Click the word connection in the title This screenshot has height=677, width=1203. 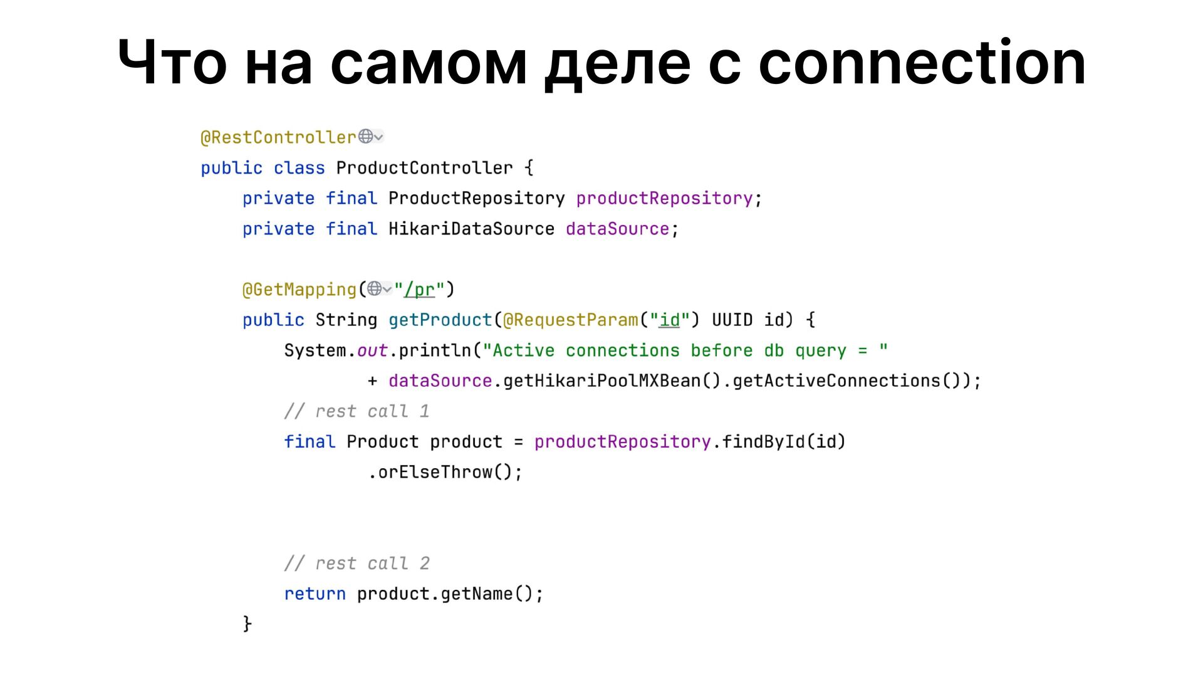click(x=922, y=63)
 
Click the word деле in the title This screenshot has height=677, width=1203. click(x=617, y=63)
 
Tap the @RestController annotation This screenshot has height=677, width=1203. click(x=278, y=137)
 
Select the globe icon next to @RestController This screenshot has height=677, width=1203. click(x=366, y=136)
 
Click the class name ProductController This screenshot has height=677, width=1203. click(x=424, y=168)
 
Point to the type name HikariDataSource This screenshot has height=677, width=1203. click(x=471, y=229)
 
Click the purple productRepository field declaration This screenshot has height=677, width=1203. click(x=664, y=198)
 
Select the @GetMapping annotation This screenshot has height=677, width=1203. click(x=299, y=290)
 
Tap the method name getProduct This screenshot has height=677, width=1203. click(x=440, y=320)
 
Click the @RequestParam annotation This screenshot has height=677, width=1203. click(x=571, y=320)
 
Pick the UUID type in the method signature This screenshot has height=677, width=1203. click(x=732, y=320)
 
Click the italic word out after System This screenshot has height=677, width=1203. click(x=372, y=350)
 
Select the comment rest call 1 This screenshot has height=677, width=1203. click(x=357, y=411)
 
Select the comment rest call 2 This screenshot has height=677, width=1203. click(x=357, y=564)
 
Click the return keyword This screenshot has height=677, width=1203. click(x=315, y=594)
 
